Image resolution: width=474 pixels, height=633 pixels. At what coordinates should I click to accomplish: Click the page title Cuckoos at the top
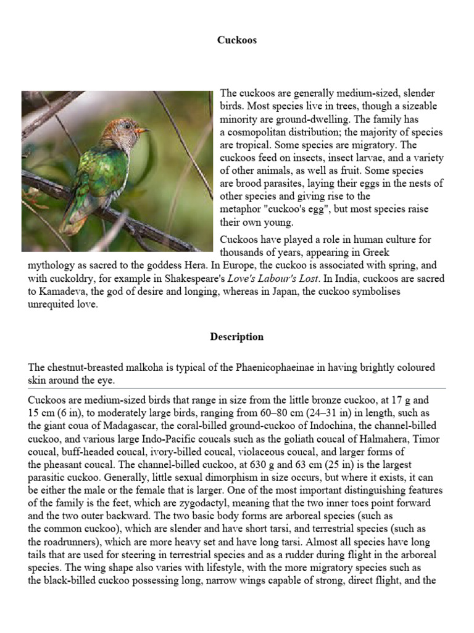(236, 40)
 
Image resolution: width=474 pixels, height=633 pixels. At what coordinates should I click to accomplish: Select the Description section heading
(236, 337)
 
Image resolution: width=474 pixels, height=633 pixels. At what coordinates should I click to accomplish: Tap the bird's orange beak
(143, 131)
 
